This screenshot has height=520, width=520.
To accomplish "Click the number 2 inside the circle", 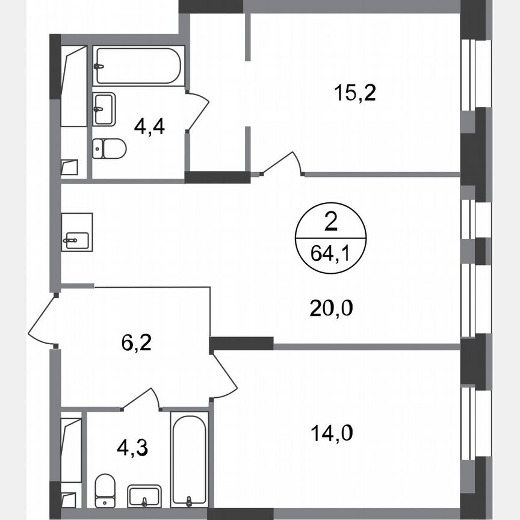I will click(330, 224).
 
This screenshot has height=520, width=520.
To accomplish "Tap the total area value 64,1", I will click(330, 253).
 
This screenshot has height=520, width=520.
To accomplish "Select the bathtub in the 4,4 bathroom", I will click(137, 65).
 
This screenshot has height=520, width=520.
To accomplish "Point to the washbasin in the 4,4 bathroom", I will click(104, 109).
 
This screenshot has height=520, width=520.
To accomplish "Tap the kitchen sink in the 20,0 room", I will click(76, 232).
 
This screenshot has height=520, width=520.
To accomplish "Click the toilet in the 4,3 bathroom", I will click(105, 489).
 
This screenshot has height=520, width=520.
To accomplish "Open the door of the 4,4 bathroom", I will click(197, 111).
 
